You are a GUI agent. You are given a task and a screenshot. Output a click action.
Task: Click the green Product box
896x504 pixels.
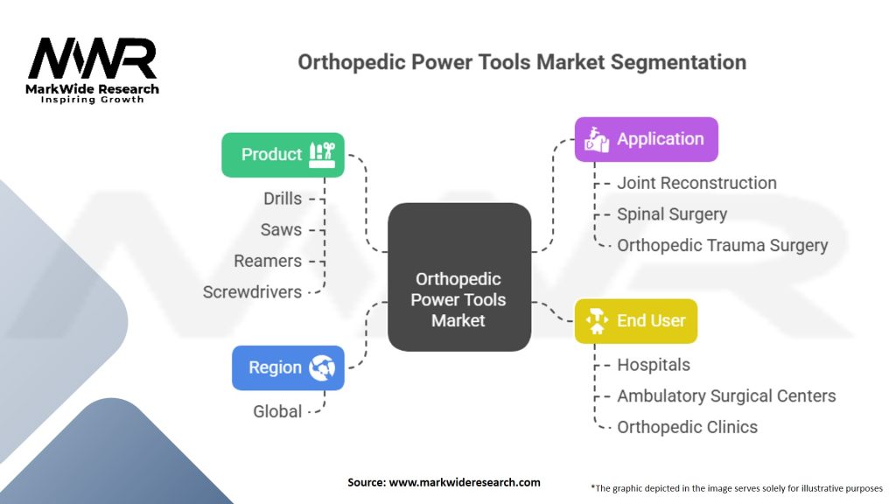[x=283, y=155]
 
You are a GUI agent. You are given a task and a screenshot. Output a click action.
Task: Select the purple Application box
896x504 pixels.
[x=647, y=139]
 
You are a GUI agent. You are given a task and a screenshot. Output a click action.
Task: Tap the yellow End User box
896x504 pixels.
[x=636, y=321]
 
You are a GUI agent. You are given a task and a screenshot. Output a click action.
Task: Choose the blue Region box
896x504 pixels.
[x=288, y=368]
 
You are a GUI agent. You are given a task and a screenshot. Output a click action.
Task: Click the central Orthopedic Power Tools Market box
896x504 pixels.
[x=459, y=277]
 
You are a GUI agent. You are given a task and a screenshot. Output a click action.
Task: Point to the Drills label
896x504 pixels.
[x=283, y=199]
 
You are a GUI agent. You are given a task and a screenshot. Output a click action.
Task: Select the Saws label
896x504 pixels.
[x=281, y=230]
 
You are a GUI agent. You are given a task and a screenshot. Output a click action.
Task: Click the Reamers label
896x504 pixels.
[x=268, y=261]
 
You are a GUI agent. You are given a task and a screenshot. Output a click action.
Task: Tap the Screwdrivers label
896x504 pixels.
[x=252, y=292]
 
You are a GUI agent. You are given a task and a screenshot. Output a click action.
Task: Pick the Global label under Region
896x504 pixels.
[x=277, y=411]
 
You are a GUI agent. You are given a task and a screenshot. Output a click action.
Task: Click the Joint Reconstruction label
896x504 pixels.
[x=696, y=183]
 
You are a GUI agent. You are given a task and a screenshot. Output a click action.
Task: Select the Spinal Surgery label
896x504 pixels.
[x=672, y=214]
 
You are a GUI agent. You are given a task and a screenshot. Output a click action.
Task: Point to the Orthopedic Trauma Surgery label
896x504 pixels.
[x=722, y=245]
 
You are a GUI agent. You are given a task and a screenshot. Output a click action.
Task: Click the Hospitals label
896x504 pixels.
[x=654, y=365]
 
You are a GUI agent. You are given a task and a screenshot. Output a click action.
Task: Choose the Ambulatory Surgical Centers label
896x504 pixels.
[x=726, y=396]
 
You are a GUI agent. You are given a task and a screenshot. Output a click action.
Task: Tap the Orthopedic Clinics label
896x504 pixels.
[x=688, y=427]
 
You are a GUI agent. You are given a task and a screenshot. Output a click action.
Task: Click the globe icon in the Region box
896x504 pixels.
[x=322, y=367]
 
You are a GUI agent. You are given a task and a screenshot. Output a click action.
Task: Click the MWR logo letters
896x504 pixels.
[x=92, y=59]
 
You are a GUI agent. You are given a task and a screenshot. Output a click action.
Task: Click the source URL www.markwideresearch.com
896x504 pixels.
[x=465, y=482]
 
